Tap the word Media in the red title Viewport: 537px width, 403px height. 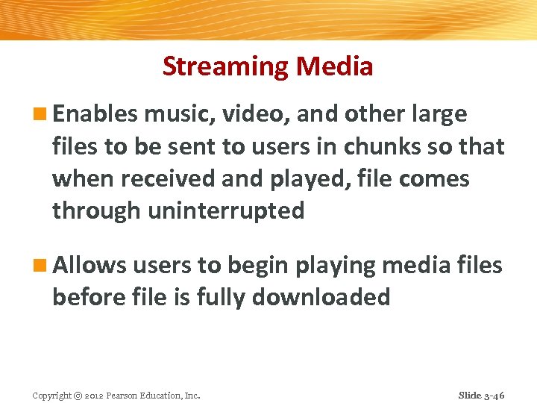click(334, 67)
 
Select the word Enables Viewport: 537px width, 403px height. click(95, 114)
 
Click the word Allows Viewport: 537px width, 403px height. click(89, 265)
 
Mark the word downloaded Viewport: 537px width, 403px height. click(321, 297)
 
